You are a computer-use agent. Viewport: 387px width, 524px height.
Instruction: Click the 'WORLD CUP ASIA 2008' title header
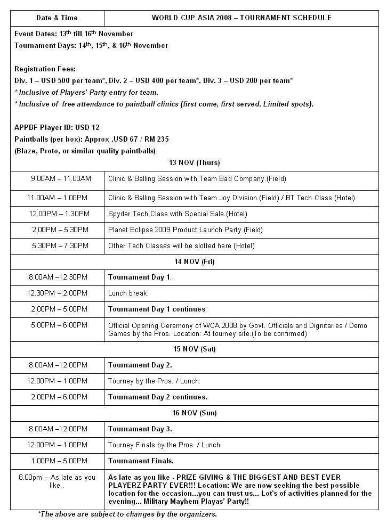241,18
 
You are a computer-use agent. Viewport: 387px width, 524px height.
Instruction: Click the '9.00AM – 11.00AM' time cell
60,179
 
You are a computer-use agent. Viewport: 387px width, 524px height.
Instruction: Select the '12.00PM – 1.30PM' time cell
59,214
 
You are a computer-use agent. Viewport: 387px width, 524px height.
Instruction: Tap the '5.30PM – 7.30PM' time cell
59,245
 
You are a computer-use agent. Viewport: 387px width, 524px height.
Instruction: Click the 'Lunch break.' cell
128,293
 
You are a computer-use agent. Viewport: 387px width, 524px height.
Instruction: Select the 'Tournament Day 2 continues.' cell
157,397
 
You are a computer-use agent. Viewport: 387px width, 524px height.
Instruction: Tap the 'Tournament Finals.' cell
141,461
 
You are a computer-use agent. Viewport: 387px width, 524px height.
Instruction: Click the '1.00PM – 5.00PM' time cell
59,461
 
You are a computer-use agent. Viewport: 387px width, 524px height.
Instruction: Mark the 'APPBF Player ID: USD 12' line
57,127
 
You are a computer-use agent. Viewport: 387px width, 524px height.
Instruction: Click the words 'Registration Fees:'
45,69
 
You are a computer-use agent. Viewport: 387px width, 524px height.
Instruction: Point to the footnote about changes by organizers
127,514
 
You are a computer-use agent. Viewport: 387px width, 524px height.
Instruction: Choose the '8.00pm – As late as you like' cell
57,481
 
